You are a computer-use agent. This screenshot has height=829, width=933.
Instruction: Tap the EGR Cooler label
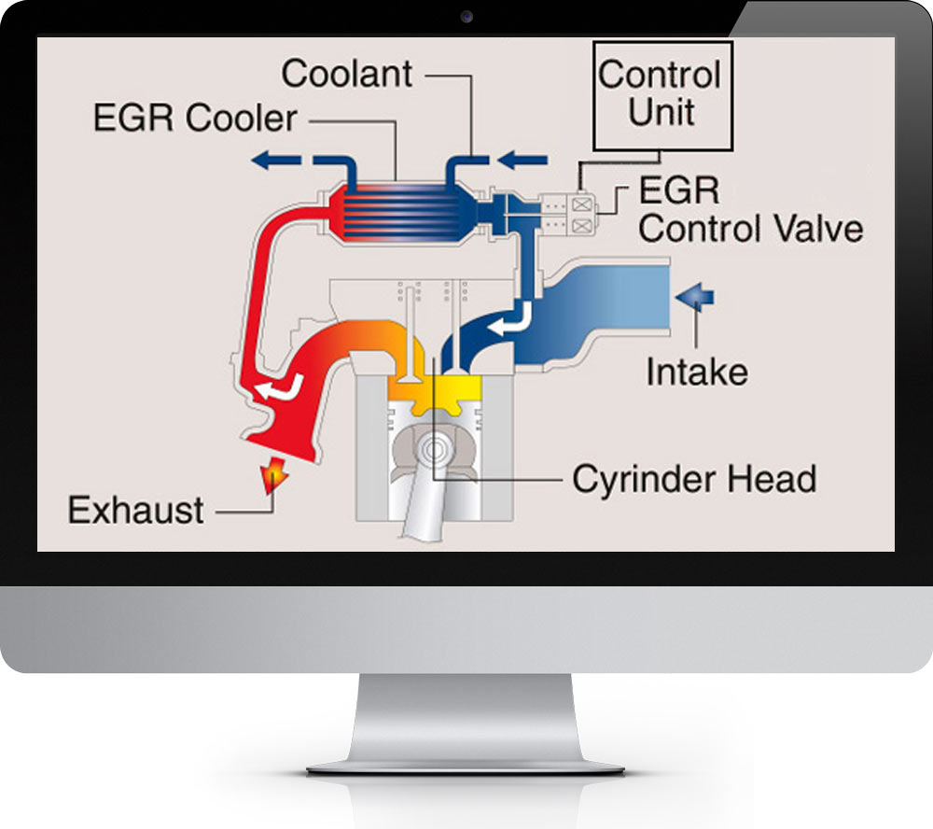point(195,119)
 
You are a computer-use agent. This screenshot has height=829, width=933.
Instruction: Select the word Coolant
point(347,74)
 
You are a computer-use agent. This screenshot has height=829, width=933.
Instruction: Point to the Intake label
point(697,372)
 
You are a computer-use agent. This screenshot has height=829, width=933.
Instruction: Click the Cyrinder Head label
point(694,479)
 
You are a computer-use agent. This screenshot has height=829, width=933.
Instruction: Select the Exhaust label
point(136,511)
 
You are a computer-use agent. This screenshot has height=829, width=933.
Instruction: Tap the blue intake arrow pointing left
point(695,297)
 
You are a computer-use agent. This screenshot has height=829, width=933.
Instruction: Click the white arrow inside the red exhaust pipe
point(283,386)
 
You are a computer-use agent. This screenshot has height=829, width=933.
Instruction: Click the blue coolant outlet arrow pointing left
point(280,161)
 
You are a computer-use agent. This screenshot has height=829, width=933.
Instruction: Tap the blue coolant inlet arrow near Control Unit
point(522,161)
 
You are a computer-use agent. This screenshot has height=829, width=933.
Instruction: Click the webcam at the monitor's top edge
point(466,17)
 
